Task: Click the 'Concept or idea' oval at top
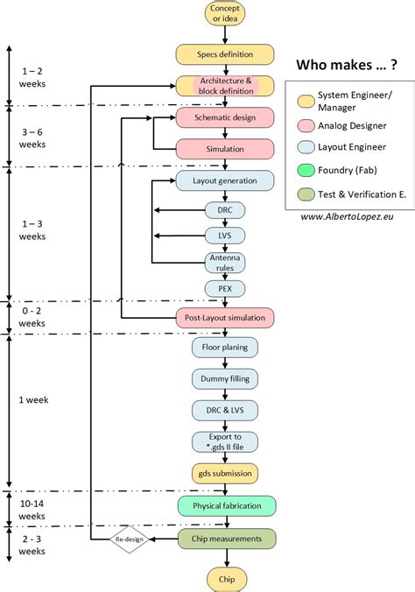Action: pyautogui.click(x=226, y=13)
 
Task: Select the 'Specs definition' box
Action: pyautogui.click(x=226, y=54)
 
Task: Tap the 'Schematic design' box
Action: pyautogui.click(x=226, y=116)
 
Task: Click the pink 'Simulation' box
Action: pyautogui.click(x=226, y=148)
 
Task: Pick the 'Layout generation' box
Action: pyautogui.click(x=226, y=180)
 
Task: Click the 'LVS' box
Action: pyautogui.click(x=226, y=236)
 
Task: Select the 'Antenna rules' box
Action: pyautogui.click(x=226, y=262)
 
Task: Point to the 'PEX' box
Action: pyautogui.click(x=226, y=288)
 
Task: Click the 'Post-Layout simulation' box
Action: pyautogui.click(x=226, y=317)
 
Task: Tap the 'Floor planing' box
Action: pyautogui.click(x=226, y=348)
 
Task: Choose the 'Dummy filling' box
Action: pyautogui.click(x=226, y=378)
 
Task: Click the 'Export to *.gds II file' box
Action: pyautogui.click(x=226, y=441)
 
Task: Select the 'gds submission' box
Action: pyautogui.click(x=226, y=474)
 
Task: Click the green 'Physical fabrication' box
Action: pyautogui.click(x=226, y=506)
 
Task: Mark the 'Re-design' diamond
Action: pyautogui.click(x=129, y=539)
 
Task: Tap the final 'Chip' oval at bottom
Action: pyautogui.click(x=226, y=578)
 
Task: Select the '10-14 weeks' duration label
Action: pyautogui.click(x=32, y=511)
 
